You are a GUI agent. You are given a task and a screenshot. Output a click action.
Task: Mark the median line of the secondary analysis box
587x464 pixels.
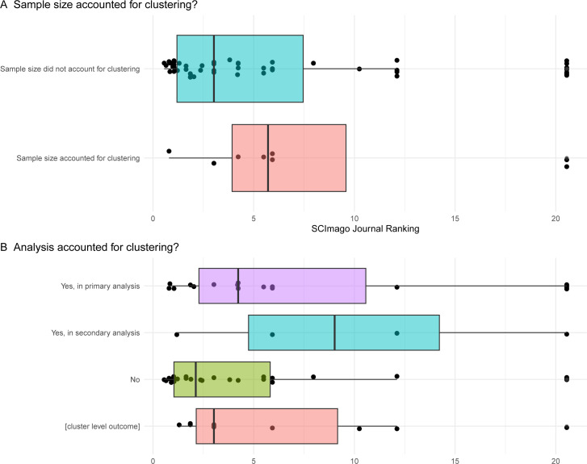334,332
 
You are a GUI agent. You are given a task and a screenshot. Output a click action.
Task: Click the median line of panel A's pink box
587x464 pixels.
268,158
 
